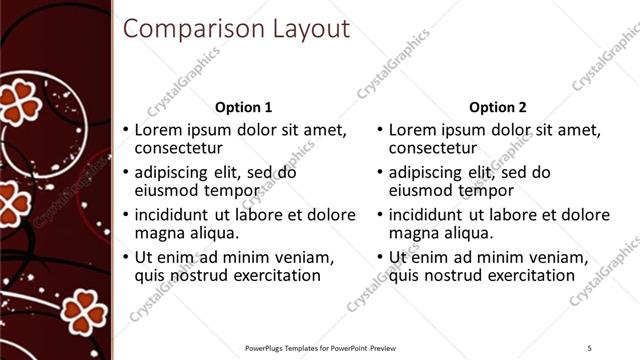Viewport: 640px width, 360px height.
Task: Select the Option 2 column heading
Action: coord(497,107)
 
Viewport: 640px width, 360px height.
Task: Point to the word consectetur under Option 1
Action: coord(181,148)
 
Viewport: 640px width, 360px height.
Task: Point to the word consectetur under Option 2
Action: coord(435,148)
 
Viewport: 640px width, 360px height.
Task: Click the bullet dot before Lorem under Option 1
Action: coord(125,130)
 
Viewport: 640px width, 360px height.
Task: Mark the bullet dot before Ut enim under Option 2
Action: coord(379,257)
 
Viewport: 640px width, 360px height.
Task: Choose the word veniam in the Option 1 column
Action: coord(304,257)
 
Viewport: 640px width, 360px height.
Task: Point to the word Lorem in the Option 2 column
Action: coord(411,130)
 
